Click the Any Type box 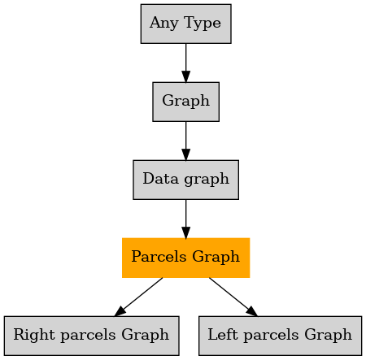tap(186, 24)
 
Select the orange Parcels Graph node tap(186, 258)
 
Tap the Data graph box tap(186, 180)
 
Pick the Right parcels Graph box tap(92, 336)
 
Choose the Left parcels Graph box tap(281, 336)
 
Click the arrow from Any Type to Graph tap(186, 63)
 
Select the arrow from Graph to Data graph tap(186, 141)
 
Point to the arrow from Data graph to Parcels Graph tap(186, 219)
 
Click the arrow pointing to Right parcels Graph tap(138, 297)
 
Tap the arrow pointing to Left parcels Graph tap(233, 297)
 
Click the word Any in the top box tap(164, 24)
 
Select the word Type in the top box tap(203, 24)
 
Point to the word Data tap(161, 179)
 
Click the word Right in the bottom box tap(34, 336)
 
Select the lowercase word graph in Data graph tap(207, 180)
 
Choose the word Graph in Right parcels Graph tap(145, 336)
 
